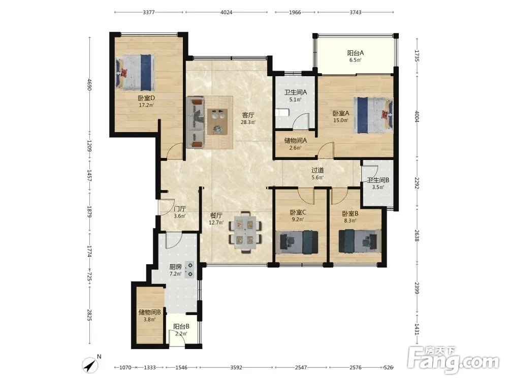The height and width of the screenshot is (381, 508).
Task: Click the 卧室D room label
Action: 146,98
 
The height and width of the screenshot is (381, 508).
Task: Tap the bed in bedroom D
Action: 135,72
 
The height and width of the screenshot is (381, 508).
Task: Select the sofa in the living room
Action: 196,123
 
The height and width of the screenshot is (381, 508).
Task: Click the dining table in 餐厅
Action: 245,232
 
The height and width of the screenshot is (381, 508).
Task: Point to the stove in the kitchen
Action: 189,270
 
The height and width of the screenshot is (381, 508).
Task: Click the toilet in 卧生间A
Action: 282,113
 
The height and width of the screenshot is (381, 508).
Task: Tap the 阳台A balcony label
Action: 356,53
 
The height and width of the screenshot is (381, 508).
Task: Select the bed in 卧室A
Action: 373,115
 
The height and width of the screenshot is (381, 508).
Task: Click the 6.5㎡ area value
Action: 356,60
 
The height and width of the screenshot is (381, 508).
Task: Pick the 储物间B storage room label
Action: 150,312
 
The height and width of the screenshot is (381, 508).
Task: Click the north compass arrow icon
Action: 90,365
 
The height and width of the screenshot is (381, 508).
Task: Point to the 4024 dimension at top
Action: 226,12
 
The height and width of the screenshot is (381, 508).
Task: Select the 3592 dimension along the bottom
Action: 236,367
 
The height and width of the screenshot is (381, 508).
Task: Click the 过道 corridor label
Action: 317,170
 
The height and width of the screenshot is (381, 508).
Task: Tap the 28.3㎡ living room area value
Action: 248,122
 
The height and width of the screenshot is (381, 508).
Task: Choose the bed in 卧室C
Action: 297,242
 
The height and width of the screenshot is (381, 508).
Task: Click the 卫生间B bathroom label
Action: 378,180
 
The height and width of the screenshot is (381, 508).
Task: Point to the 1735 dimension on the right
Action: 417,56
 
